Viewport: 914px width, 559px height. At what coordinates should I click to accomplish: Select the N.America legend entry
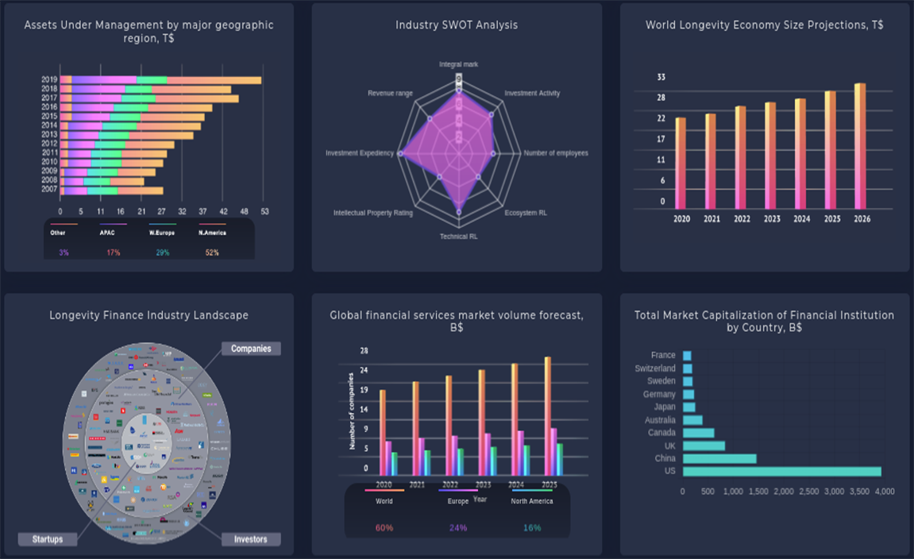(212, 233)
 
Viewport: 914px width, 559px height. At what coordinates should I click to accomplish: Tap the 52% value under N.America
(212, 253)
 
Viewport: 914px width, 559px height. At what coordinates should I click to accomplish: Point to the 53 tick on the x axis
(265, 212)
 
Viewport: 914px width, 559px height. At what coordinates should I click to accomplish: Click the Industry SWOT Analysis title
(457, 25)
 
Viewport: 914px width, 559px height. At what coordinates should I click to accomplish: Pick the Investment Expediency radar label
(359, 153)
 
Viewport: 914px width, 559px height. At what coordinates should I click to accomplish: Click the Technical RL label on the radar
(459, 237)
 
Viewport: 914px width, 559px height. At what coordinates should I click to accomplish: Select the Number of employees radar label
(556, 153)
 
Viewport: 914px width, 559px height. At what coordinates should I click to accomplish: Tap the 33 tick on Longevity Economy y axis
(661, 77)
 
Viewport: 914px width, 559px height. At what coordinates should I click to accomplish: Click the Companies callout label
(251, 349)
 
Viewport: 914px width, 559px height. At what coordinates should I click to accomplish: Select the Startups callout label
(48, 539)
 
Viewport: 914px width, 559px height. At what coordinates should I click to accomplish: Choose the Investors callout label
(251, 539)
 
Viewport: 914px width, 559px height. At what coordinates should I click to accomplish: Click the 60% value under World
(384, 528)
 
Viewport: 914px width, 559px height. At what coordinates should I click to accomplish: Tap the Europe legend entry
(458, 501)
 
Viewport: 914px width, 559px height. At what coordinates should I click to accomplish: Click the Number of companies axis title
(351, 411)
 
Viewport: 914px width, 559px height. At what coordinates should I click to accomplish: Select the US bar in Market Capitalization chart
(781, 472)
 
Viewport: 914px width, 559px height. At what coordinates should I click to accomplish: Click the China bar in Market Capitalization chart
(719, 459)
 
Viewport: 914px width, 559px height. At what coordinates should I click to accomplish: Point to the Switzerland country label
(655, 368)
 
